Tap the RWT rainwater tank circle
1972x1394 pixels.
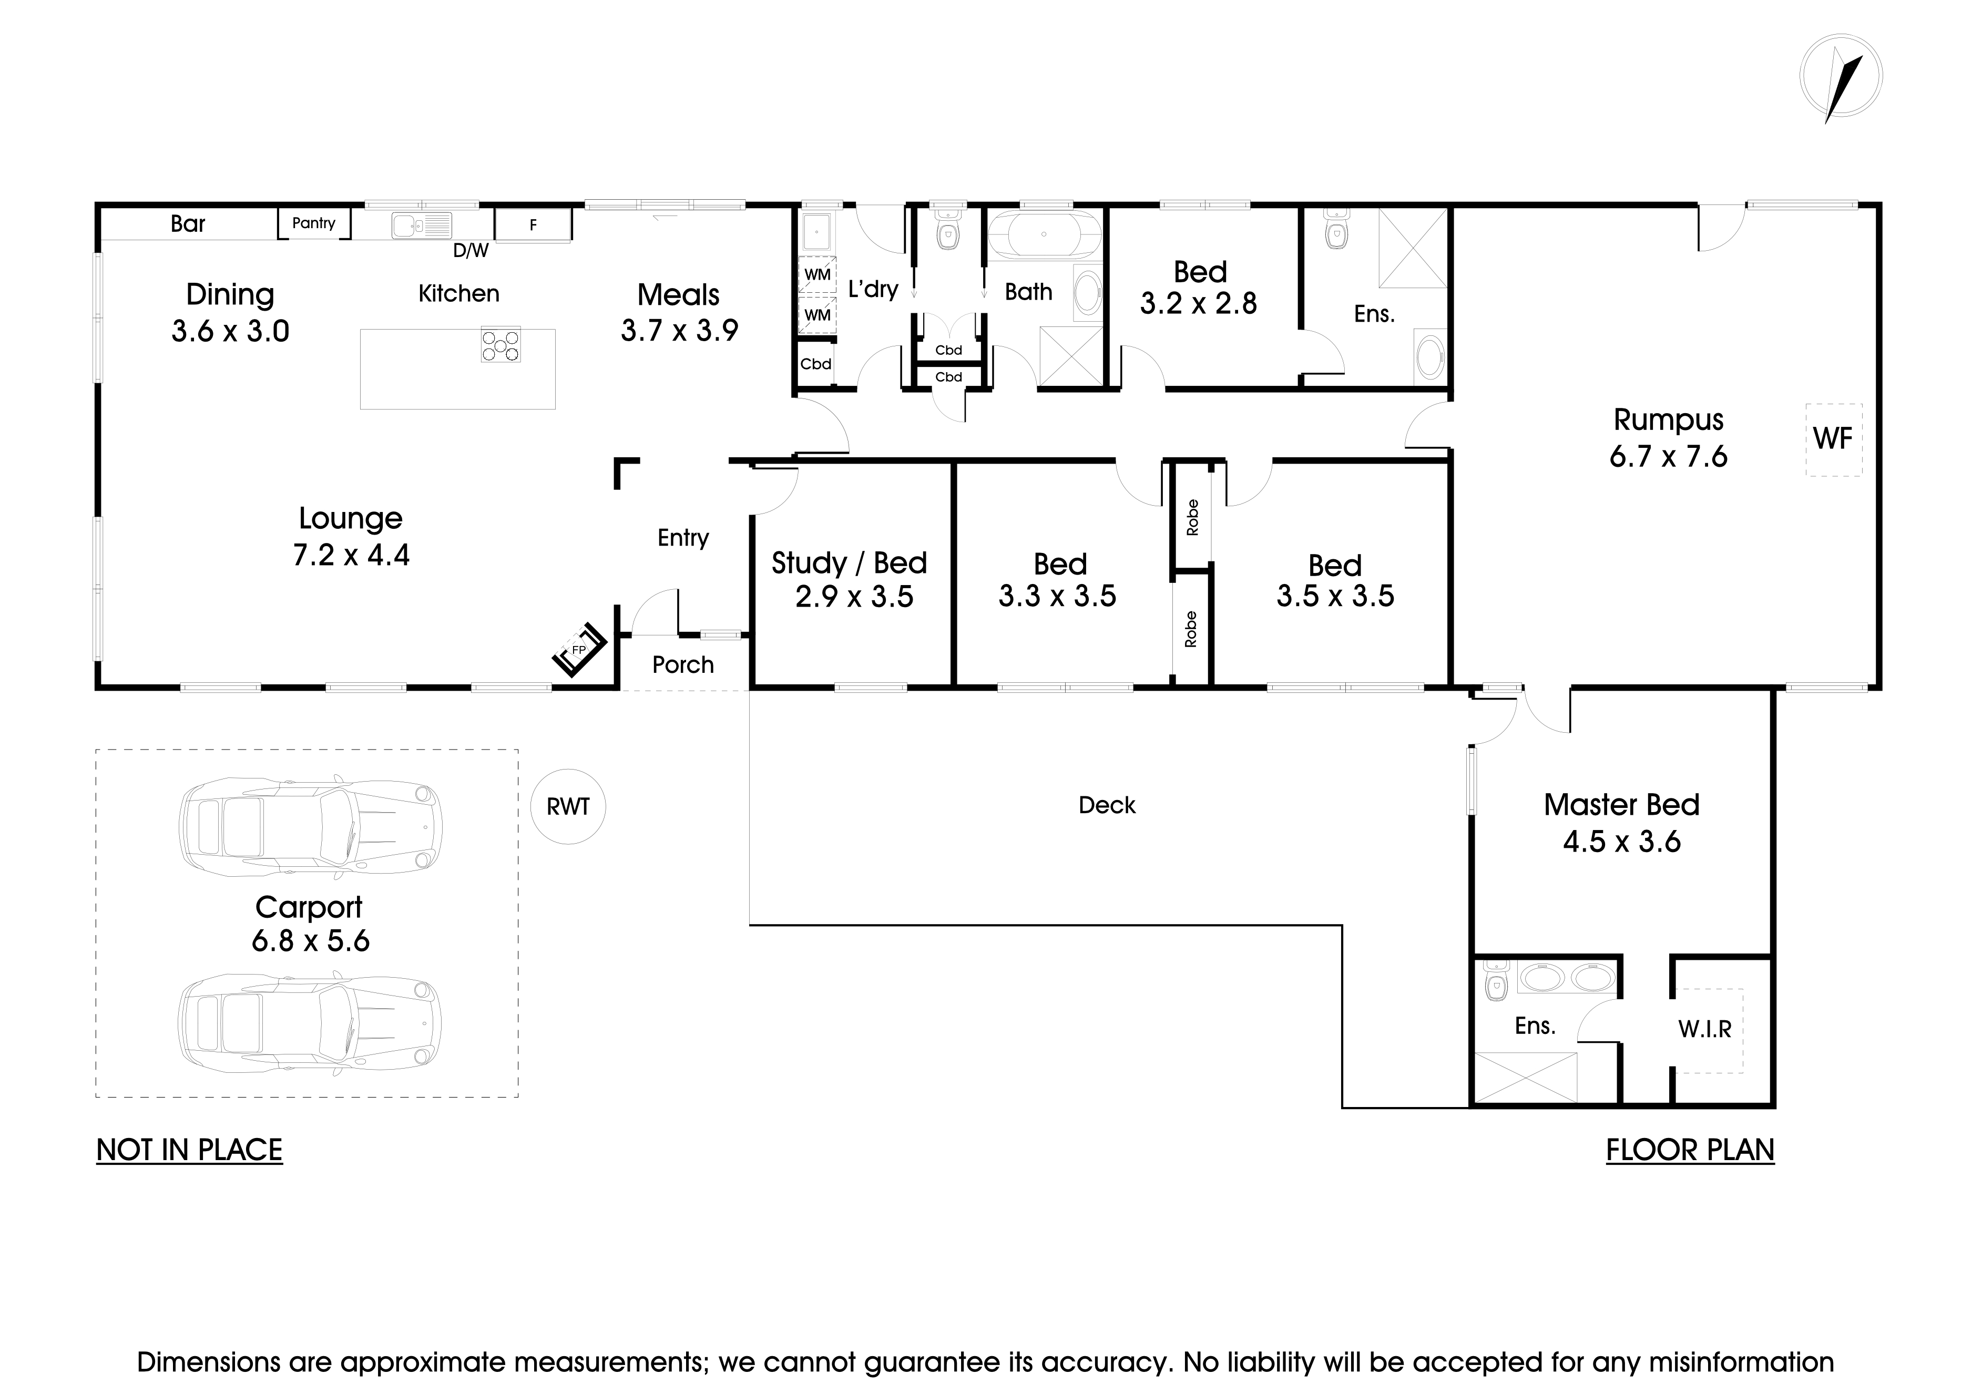[568, 806]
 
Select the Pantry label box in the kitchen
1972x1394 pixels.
[313, 223]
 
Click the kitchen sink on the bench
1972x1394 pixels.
[421, 225]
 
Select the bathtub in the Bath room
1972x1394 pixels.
[1044, 233]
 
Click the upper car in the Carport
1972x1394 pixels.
[311, 828]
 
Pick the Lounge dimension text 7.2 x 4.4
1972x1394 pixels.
[351, 556]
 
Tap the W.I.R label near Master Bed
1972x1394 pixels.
[1705, 1029]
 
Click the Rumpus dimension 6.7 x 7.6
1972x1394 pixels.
[1668, 457]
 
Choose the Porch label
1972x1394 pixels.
[683, 665]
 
